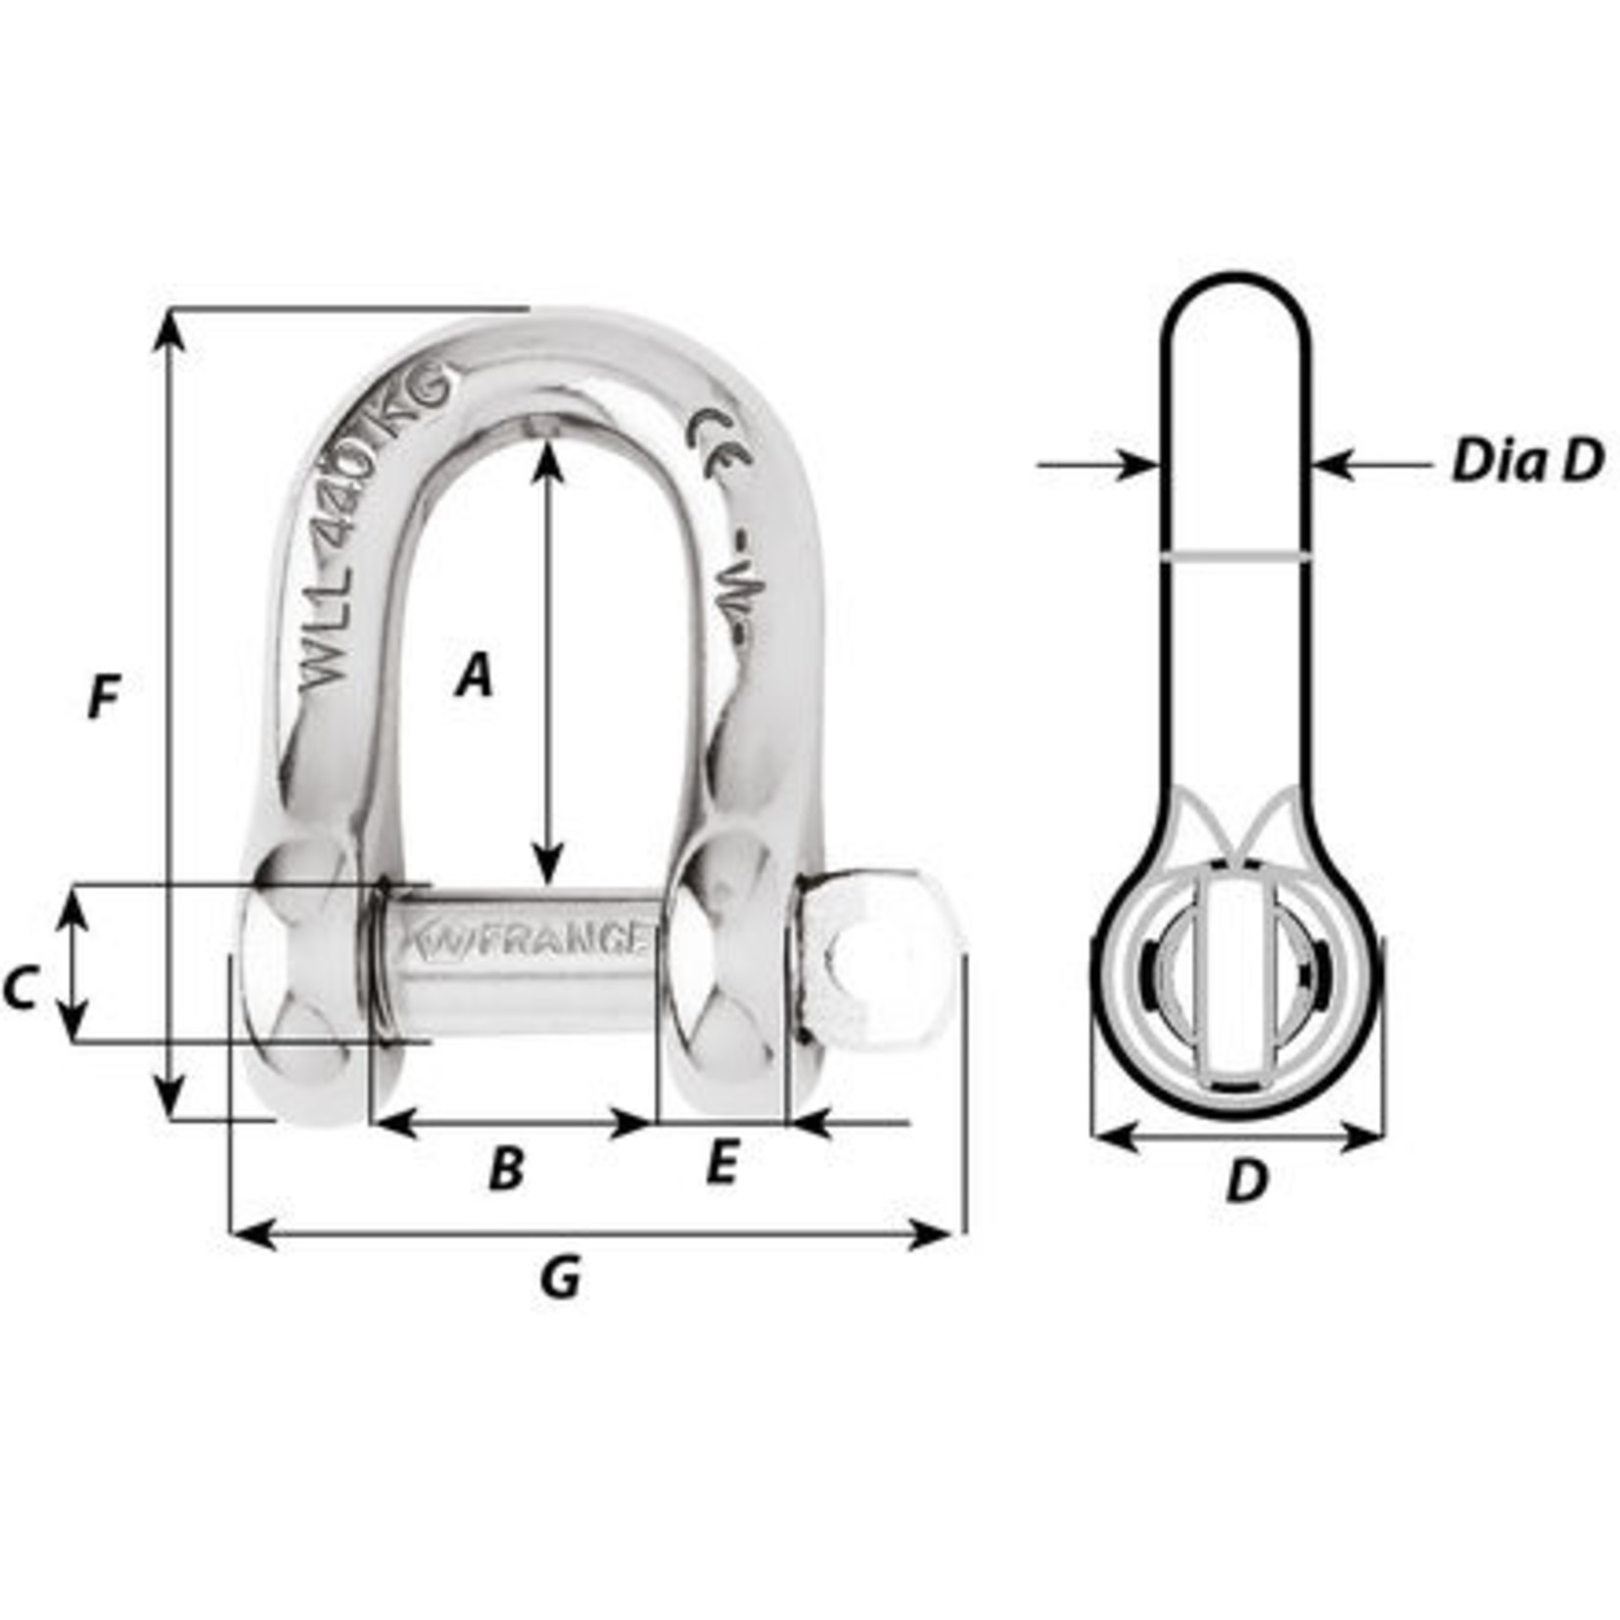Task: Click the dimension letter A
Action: [x=474, y=676]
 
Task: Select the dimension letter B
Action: [x=506, y=1168]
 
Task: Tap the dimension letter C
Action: [x=20, y=987]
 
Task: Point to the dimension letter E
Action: [x=721, y=1164]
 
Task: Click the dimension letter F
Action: [x=102, y=698]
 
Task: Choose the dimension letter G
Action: [x=560, y=1278]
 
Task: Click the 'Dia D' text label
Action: [x=1527, y=461]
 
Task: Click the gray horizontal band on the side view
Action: [x=1236, y=556]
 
